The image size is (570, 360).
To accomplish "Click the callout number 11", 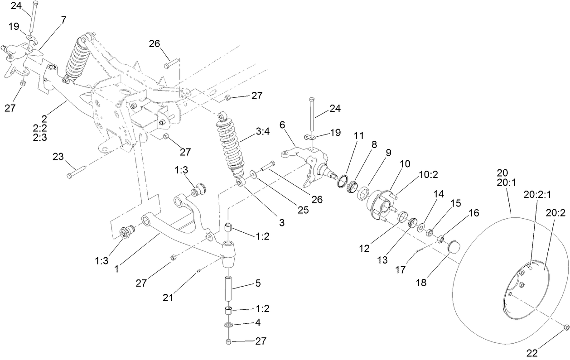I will (358, 136).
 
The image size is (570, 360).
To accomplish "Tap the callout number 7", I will (63, 20).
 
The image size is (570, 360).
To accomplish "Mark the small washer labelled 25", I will (252, 174).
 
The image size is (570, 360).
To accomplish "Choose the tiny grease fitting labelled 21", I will (199, 272).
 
